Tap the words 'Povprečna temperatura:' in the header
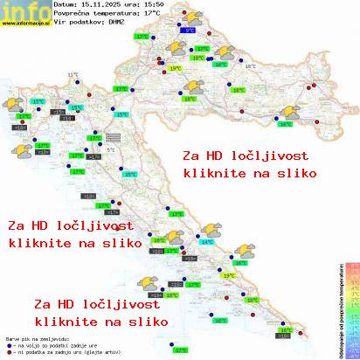(100, 13)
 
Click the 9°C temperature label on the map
(190, 29)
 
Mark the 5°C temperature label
(111, 149)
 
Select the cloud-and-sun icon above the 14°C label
(209, 230)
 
